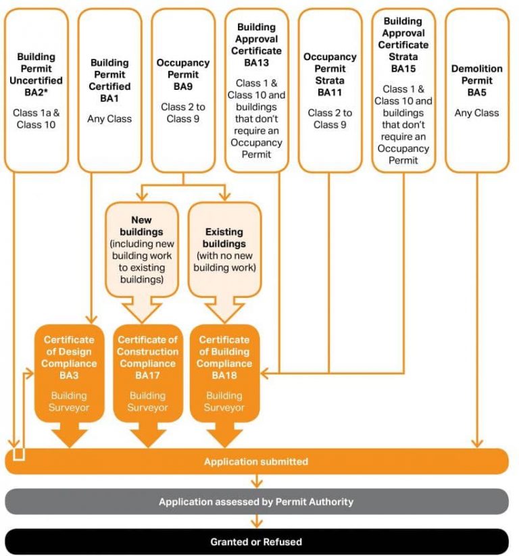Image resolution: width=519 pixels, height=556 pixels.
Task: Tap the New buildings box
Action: [x=142, y=250]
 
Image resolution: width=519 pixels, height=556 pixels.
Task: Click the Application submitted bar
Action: [x=257, y=462]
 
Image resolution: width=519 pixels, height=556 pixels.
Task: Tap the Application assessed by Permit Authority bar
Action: [x=257, y=502]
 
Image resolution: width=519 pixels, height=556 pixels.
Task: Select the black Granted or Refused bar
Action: [x=257, y=542]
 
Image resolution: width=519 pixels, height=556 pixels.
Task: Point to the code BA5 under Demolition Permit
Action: [x=476, y=91]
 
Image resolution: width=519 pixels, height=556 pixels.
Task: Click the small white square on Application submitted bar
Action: [x=18, y=454]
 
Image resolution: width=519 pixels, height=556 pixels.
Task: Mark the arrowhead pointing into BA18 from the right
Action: [x=264, y=372]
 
